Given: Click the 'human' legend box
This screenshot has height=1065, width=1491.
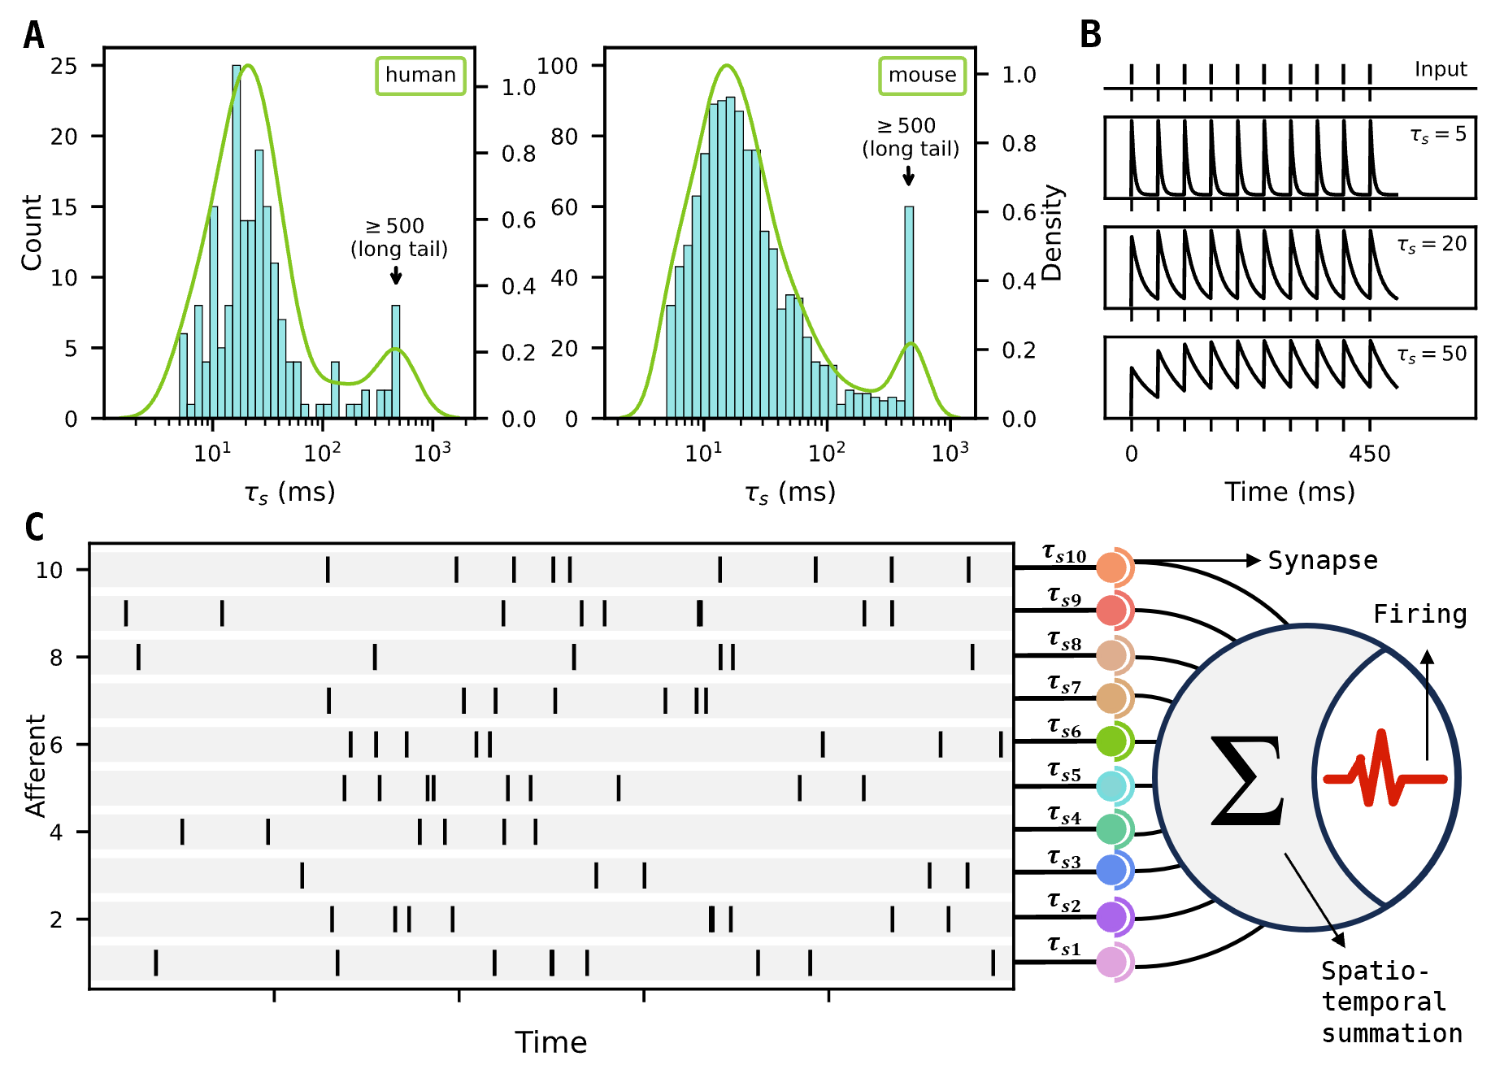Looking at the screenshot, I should (420, 76).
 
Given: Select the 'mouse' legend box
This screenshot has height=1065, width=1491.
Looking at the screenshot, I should (922, 76).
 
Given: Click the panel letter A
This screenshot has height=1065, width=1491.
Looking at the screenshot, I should (33, 35).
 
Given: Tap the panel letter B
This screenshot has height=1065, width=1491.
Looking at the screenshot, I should (1090, 35).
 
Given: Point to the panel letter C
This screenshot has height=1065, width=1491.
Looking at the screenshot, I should (34, 528).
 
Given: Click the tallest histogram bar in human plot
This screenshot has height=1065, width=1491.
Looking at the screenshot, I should (237, 244).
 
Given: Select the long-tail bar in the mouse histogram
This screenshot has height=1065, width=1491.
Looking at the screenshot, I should (909, 313).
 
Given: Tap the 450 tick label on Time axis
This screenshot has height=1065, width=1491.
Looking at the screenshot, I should (1370, 454).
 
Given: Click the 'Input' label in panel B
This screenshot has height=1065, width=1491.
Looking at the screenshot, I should (1441, 69).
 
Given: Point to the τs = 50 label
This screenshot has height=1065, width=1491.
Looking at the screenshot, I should (1432, 354).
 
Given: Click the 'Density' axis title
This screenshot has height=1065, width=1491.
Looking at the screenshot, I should (1053, 233).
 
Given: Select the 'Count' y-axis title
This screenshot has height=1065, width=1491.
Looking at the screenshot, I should (32, 233).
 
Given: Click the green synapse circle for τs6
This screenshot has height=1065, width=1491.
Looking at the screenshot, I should (1112, 741).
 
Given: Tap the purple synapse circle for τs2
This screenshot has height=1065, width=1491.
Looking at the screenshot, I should (1112, 917).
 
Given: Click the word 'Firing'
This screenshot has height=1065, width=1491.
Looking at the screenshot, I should (1419, 615).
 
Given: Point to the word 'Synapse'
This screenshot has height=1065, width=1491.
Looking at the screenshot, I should (1323, 560).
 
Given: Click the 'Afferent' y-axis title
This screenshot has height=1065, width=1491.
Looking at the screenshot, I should (35, 765).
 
